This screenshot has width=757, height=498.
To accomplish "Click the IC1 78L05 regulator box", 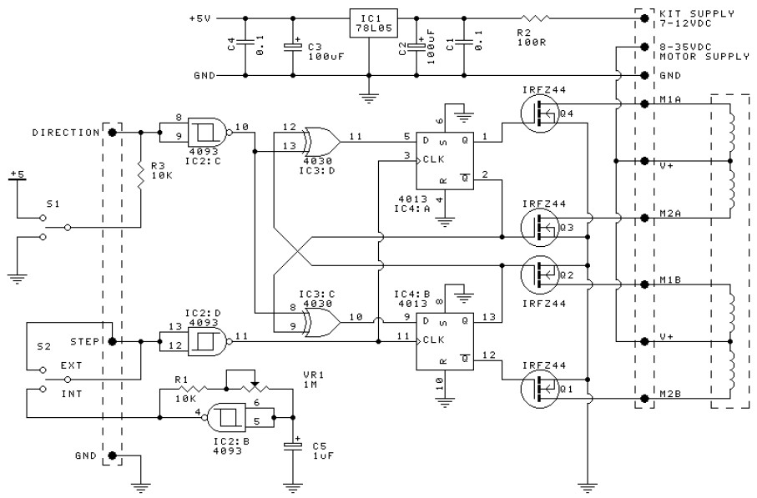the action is pyautogui.click(x=373, y=23).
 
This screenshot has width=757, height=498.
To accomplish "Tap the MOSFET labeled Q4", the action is pyautogui.click(x=540, y=113).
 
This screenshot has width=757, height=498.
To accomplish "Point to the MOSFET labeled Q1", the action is pyautogui.click(x=540, y=389).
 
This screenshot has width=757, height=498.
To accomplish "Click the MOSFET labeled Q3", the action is pyautogui.click(x=540, y=227).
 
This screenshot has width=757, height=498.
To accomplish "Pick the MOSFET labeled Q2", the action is pyautogui.click(x=540, y=274).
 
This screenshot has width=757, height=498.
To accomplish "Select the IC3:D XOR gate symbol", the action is pyautogui.click(x=321, y=141).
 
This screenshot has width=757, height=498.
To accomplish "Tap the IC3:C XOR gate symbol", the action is pyautogui.click(x=321, y=322).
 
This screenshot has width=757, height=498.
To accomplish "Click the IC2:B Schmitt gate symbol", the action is pyautogui.click(x=226, y=417).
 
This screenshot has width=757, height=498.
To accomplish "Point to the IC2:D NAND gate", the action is pyautogui.click(x=209, y=341).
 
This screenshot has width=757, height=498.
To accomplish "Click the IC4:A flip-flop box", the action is pyautogui.click(x=445, y=161).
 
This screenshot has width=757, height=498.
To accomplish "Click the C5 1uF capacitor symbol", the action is pyautogui.click(x=293, y=445).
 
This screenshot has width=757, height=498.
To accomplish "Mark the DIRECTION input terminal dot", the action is pyautogui.click(x=113, y=133).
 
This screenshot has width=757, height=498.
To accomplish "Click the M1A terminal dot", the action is pyautogui.click(x=644, y=103).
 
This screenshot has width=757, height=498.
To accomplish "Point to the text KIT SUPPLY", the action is pyautogui.click(x=697, y=13).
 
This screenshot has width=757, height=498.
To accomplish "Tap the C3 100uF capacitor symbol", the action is pyautogui.click(x=293, y=47).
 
